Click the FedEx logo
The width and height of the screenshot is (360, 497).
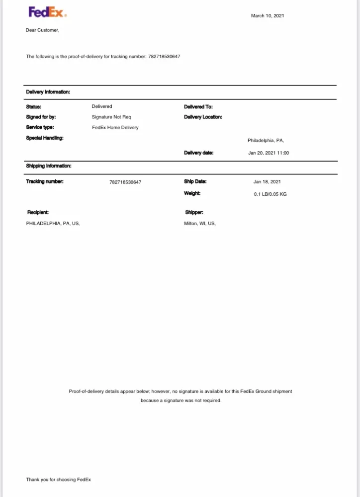47,12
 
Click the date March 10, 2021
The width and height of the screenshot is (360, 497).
268,16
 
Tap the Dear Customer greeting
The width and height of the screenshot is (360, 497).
42,30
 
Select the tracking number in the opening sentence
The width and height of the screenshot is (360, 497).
164,57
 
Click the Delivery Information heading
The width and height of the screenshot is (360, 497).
48,92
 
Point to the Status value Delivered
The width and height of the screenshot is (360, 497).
102,106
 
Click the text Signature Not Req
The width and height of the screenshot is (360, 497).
111,117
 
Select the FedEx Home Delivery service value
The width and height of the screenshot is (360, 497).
115,128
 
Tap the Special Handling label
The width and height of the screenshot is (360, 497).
45,138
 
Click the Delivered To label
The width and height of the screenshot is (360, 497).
198,107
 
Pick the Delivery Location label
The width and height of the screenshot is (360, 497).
203,117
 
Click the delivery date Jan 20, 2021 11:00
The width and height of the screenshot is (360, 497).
269,153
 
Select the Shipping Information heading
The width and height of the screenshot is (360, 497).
49,166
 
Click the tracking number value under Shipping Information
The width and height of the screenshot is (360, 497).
125,182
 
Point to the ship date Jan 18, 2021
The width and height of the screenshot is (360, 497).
267,182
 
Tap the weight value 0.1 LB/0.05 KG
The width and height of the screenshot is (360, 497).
270,194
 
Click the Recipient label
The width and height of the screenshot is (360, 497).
38,213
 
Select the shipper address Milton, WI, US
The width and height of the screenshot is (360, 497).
200,224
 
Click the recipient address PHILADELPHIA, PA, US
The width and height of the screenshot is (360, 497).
53,224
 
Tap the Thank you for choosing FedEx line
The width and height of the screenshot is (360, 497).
59,480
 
